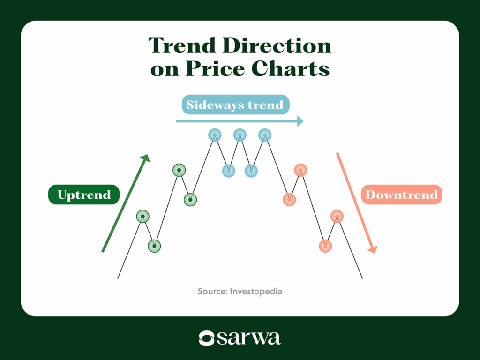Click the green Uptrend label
(x=84, y=195)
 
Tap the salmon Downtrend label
(x=401, y=195)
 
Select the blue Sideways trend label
(x=235, y=105)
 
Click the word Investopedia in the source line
(x=256, y=291)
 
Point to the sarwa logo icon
(x=206, y=338)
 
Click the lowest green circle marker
(x=154, y=245)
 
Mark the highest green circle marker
(x=179, y=170)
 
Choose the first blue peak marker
(x=215, y=135)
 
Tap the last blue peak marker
(x=265, y=135)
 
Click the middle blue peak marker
(x=240, y=135)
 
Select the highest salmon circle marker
(x=300, y=170)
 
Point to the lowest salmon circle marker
(x=325, y=245)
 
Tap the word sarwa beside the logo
(x=248, y=338)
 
